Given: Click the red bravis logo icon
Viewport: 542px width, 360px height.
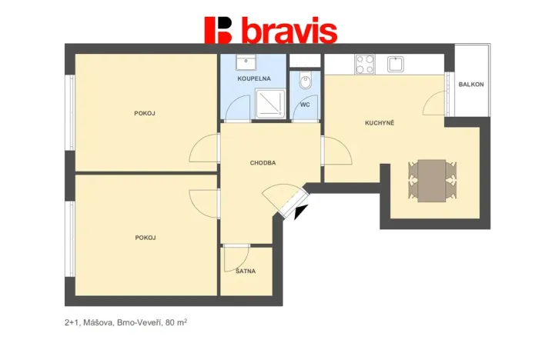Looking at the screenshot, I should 218,29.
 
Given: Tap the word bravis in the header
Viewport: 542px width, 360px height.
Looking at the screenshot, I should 289,31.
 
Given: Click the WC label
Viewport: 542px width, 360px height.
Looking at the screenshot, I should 305,104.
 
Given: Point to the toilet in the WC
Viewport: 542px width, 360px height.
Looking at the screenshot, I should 306,78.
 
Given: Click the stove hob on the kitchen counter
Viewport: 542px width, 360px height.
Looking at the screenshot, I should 365,64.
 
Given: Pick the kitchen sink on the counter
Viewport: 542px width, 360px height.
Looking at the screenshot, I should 396,63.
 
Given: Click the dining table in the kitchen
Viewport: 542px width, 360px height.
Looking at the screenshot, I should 432,179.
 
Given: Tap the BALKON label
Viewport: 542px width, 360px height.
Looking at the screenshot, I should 471,85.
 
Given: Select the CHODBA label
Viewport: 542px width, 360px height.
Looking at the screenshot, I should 263,162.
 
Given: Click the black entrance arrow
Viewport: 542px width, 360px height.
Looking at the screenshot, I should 300,212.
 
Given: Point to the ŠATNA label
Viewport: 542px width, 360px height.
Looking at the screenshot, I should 246,271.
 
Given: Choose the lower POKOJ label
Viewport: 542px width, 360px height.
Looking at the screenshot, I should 145,238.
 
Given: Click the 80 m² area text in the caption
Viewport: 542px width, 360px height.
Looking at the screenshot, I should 176,323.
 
